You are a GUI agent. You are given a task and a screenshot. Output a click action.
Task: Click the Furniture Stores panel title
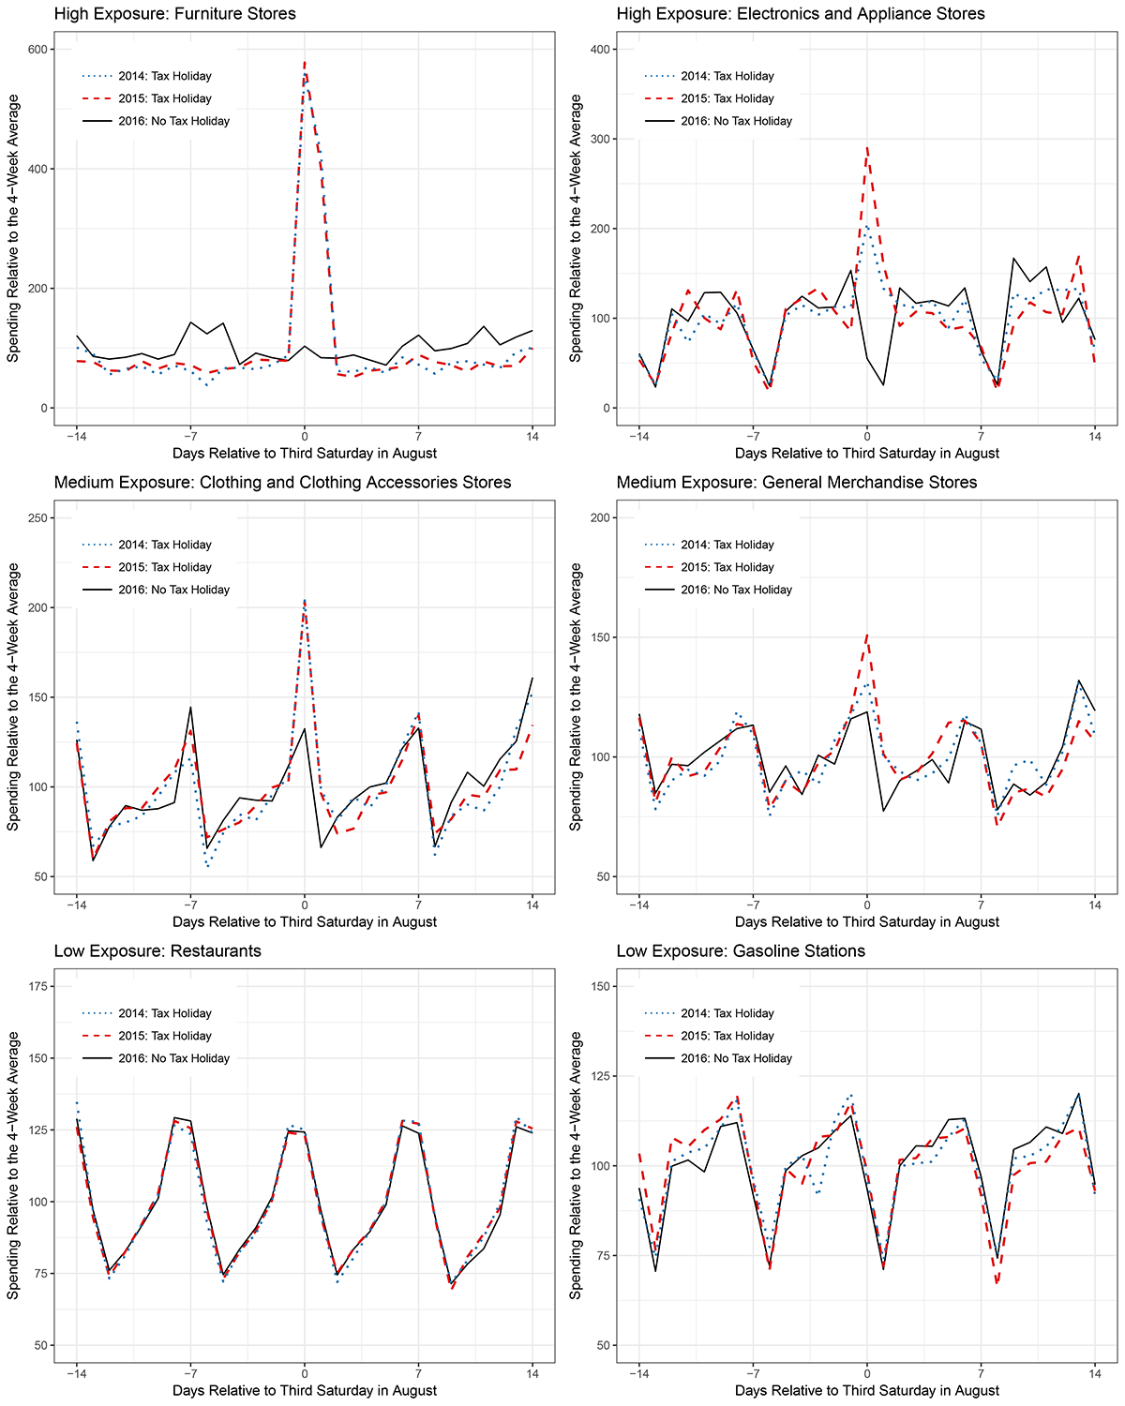tap(175, 14)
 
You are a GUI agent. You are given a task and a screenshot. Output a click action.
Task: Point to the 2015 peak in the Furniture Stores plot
tap(305, 63)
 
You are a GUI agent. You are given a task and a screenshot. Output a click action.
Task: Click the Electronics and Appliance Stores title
tap(801, 14)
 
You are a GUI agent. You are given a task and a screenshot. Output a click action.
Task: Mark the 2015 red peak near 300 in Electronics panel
tap(867, 147)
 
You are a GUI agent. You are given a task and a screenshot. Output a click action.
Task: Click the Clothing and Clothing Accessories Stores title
tap(282, 483)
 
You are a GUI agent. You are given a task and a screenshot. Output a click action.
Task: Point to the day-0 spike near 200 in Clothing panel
tap(305, 601)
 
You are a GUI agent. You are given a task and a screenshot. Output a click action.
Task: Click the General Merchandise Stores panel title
tap(797, 483)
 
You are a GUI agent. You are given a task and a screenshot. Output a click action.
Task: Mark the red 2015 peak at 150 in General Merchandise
tap(867, 636)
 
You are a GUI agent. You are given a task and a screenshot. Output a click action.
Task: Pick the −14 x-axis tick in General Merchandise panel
tap(638, 906)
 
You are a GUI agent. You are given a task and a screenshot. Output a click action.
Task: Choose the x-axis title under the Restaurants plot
tap(305, 1390)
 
